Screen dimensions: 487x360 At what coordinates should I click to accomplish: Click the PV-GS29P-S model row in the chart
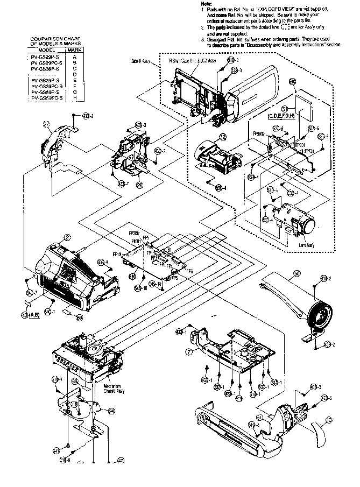(46, 57)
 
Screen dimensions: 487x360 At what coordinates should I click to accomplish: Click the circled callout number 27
(47, 124)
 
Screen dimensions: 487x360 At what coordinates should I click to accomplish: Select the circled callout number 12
(221, 138)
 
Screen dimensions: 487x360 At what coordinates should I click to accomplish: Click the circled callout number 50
(297, 273)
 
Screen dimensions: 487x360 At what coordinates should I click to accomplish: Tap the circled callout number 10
(329, 420)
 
